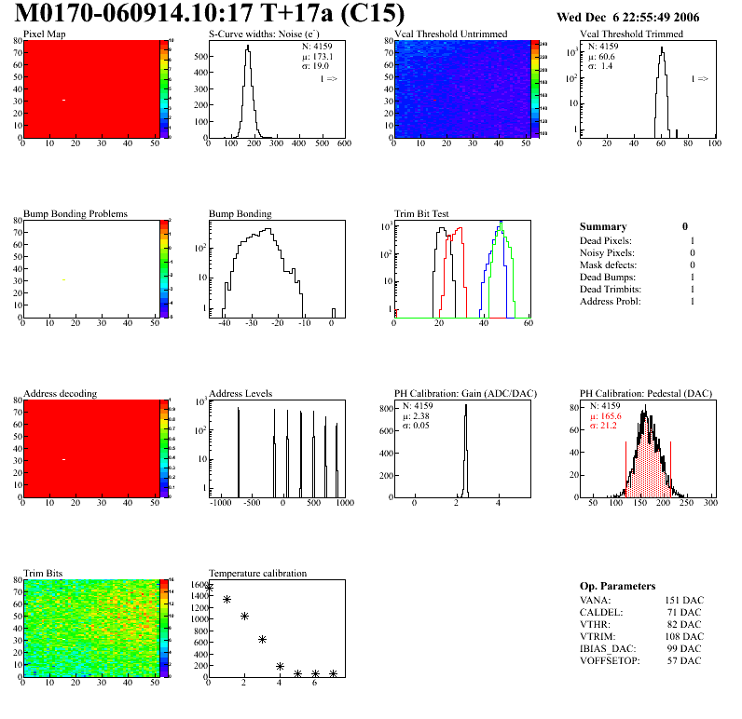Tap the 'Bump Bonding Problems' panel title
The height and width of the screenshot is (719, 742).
[x=75, y=214]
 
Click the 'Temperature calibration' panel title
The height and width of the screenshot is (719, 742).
[x=257, y=573]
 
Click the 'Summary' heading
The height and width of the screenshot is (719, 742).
[x=603, y=226]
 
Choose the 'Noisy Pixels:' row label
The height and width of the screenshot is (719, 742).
[x=606, y=252]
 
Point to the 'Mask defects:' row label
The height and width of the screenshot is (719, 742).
[x=607, y=265]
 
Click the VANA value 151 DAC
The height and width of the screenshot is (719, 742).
[x=683, y=600]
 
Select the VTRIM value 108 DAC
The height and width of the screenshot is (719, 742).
[x=683, y=636]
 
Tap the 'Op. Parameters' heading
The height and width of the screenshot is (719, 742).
[x=617, y=586]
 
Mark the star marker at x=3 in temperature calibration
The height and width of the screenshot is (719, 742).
[x=263, y=639]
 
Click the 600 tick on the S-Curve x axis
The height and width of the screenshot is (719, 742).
[x=343, y=144]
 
